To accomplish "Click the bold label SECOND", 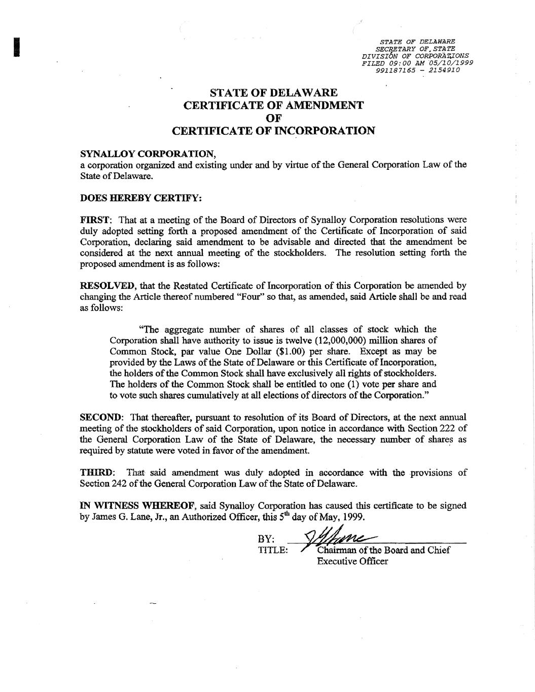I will point(101,417).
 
